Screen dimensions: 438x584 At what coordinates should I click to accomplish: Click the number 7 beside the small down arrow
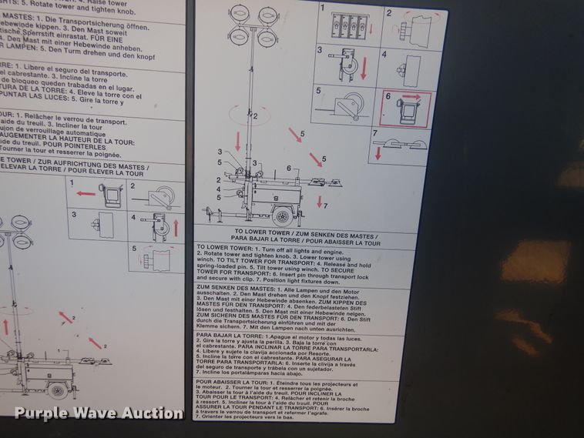(x=326, y=206)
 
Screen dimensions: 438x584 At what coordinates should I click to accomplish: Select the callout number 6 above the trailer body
(x=288, y=168)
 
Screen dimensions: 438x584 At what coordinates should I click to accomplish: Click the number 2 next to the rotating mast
(x=255, y=116)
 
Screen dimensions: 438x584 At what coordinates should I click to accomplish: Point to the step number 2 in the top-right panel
(x=389, y=13)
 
